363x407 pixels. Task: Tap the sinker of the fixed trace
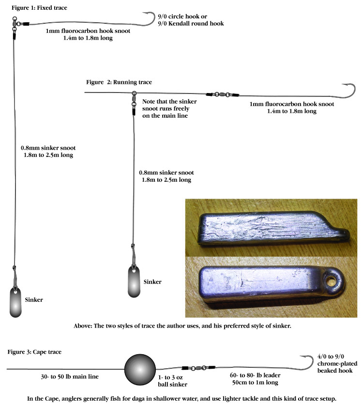pos(15,302)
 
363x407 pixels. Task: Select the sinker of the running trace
pos(134,282)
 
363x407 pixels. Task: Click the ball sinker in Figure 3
pos(140,369)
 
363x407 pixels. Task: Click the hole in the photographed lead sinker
pos(331,281)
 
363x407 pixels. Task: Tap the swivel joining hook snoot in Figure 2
pos(223,95)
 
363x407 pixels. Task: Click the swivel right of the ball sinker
pos(198,368)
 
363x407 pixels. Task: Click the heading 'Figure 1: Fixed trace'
pos(39,8)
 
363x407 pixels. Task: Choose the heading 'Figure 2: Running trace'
pos(119,82)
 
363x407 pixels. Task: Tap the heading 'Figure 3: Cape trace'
pos(34,352)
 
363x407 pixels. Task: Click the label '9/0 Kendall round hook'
pos(191,24)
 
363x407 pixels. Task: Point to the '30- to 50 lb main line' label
pos(70,376)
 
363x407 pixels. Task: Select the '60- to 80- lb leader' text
pos(255,376)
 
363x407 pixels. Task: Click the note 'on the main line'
pos(165,116)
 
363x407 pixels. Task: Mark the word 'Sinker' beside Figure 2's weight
pos(152,282)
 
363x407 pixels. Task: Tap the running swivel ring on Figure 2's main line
pos(134,93)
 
